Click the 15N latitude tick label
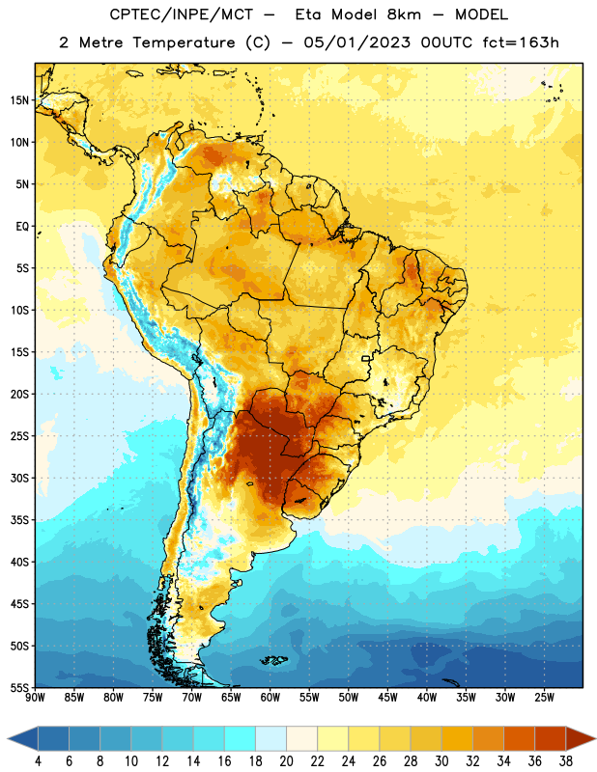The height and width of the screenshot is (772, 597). pyautogui.click(x=19, y=100)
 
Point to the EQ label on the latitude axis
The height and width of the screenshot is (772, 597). pyautogui.click(x=22, y=227)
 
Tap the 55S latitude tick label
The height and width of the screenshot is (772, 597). pyautogui.click(x=19, y=687)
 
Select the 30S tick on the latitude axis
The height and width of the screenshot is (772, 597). pyautogui.click(x=19, y=478)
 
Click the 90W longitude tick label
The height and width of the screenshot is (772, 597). pyautogui.click(x=36, y=697)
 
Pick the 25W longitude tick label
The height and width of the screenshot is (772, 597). pyautogui.click(x=544, y=697)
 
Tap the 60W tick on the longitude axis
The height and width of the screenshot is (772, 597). pyautogui.click(x=270, y=697)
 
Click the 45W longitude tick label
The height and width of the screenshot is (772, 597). pyautogui.click(x=387, y=697)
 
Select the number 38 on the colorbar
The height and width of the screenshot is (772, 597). pyautogui.click(x=565, y=761)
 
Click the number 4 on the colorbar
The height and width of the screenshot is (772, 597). pyautogui.click(x=38, y=761)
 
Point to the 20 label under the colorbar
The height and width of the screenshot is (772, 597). pyautogui.click(x=286, y=761)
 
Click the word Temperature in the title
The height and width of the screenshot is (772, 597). pyautogui.click(x=184, y=42)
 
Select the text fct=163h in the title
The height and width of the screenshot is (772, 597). pyautogui.click(x=521, y=42)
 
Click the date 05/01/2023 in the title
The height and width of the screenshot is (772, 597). pyautogui.click(x=356, y=42)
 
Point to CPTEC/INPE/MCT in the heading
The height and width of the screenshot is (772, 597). pyautogui.click(x=181, y=14)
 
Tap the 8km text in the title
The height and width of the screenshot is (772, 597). pyautogui.click(x=404, y=14)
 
